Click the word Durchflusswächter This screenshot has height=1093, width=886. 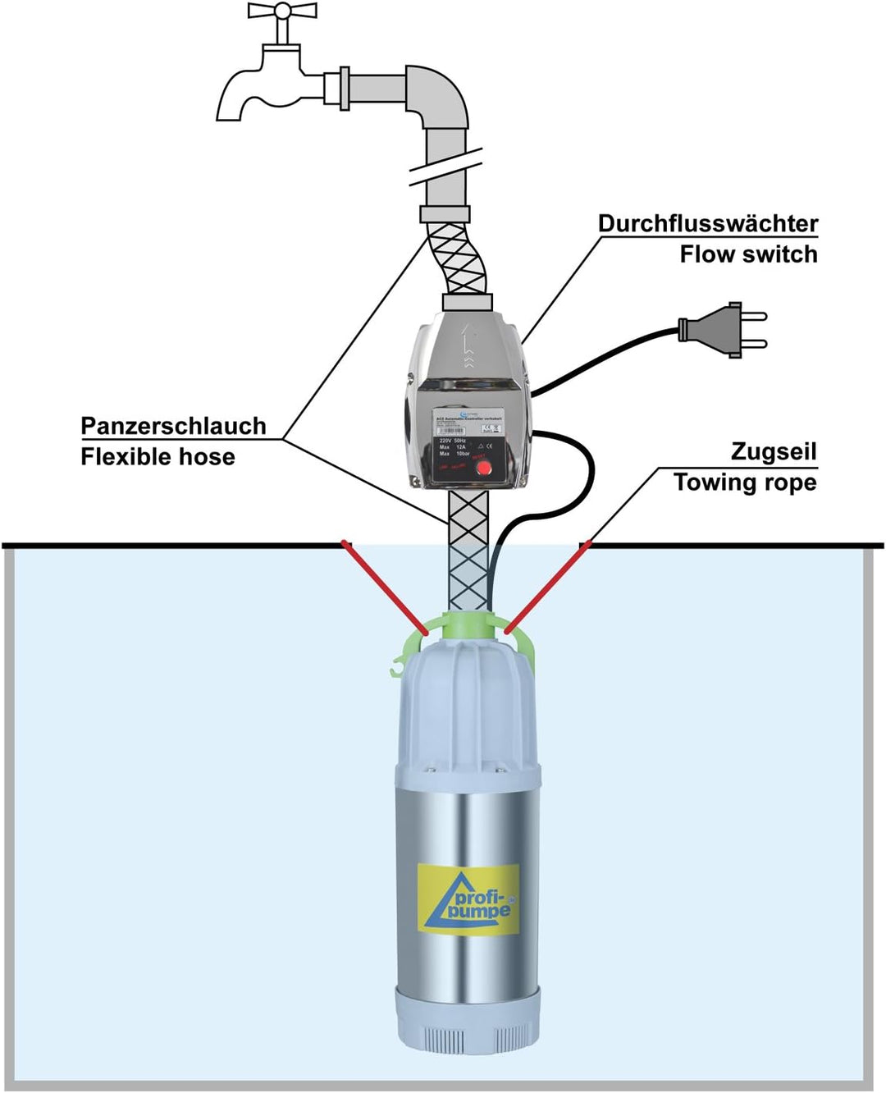pyautogui.click(x=707, y=224)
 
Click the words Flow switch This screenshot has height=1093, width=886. pyautogui.click(x=748, y=254)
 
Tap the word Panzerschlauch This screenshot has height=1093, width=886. pyautogui.click(x=173, y=426)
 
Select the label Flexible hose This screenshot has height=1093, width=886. pyautogui.click(x=158, y=456)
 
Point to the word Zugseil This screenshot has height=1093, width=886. pyautogui.click(x=774, y=451)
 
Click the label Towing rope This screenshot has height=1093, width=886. pyautogui.click(x=745, y=482)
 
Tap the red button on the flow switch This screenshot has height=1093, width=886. pyautogui.click(x=484, y=468)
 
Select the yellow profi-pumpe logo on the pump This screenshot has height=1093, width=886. pyautogui.click(x=468, y=899)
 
